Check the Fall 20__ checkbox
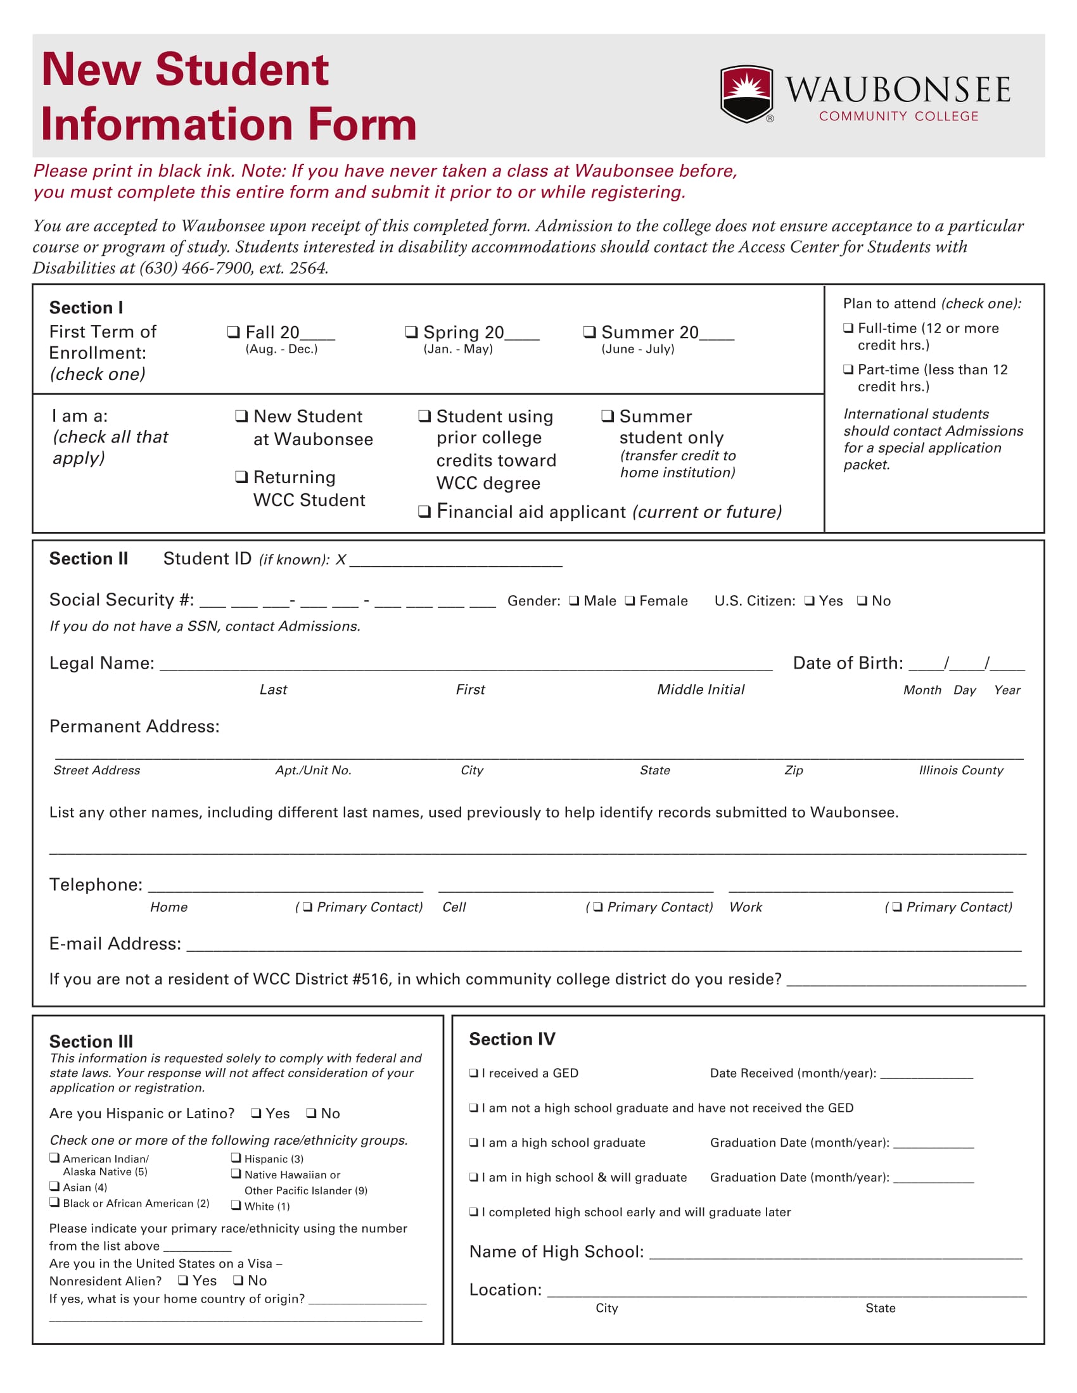(x=234, y=332)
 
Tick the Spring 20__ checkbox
(x=412, y=332)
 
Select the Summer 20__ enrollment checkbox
(x=590, y=332)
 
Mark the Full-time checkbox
(x=848, y=328)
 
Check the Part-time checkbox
(x=848, y=369)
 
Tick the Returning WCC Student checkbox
(x=241, y=476)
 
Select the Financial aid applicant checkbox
(x=424, y=512)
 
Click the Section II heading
(x=89, y=558)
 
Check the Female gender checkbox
(x=630, y=600)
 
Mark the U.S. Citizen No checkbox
(x=862, y=600)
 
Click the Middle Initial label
(x=701, y=690)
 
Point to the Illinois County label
(x=961, y=770)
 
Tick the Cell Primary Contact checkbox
(x=598, y=907)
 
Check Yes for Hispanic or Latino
(x=256, y=1113)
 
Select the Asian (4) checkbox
(x=55, y=1187)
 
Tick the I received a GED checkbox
(x=474, y=1073)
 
